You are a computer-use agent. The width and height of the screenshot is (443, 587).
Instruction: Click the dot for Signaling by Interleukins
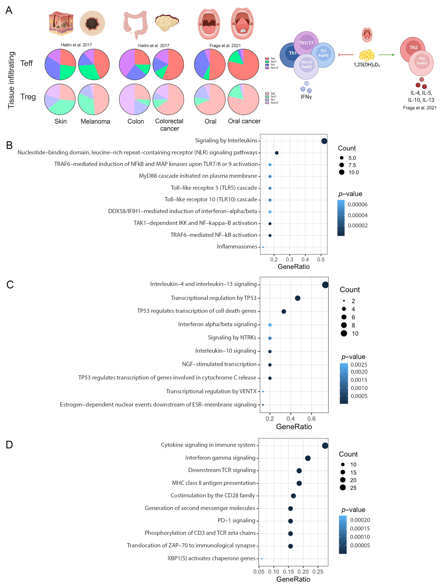324,141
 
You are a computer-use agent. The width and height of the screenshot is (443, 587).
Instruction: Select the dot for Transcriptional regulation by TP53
297,298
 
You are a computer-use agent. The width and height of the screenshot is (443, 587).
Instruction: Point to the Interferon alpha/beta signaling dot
270,325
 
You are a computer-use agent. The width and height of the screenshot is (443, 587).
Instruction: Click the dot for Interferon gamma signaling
308,458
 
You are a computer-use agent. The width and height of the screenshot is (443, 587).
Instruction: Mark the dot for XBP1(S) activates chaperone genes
262,559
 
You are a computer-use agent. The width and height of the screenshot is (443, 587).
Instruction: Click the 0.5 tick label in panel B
321,260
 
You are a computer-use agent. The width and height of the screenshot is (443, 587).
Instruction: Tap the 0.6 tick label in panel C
311,419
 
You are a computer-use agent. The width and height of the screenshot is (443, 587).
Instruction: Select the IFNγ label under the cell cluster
306,97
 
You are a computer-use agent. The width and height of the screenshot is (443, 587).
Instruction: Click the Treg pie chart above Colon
135,99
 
